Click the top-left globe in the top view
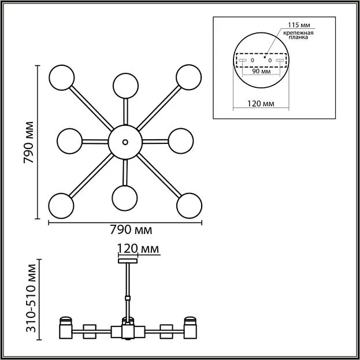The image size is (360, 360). pyautogui.click(x=61, y=77)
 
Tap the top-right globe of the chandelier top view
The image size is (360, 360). pyautogui.click(x=189, y=77)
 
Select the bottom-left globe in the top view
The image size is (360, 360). pyautogui.click(x=61, y=206)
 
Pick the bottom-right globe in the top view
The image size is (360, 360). pyautogui.click(x=189, y=206)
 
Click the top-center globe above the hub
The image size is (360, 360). pyautogui.click(x=125, y=86)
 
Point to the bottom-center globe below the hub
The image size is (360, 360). pyautogui.click(x=125, y=198)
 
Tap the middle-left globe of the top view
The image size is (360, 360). pyautogui.click(x=69, y=141)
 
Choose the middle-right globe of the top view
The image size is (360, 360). pyautogui.click(x=181, y=141)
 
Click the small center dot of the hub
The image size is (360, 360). pyautogui.click(x=125, y=142)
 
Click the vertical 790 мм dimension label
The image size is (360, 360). pyautogui.click(x=29, y=142)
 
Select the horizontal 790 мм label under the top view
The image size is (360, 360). pyautogui.click(x=131, y=229)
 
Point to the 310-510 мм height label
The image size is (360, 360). pyautogui.click(x=31, y=298)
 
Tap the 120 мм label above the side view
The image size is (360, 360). pyautogui.click(x=138, y=248)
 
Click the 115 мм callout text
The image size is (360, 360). pyautogui.click(x=299, y=25)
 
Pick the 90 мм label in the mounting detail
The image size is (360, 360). pyautogui.click(x=261, y=71)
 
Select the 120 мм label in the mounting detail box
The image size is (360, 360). pyautogui.click(x=261, y=103)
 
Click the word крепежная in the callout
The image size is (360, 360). pyautogui.click(x=298, y=33)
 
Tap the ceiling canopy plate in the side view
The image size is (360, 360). pyautogui.click(x=128, y=261)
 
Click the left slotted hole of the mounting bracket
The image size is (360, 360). pyautogui.click(x=243, y=60)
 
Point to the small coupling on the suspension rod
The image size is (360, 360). pyautogui.click(x=128, y=298)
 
